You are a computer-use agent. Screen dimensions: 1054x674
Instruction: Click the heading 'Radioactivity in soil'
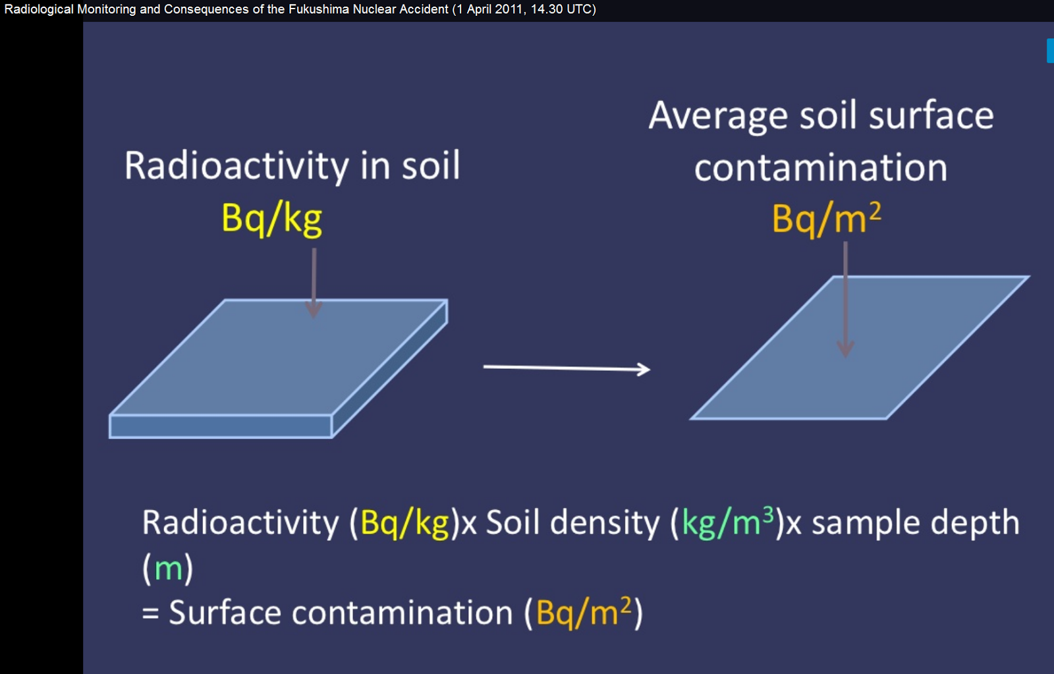pos(292,165)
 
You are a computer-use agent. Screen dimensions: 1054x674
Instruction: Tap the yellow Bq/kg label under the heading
pos(272,219)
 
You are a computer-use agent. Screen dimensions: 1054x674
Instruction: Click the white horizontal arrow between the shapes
pos(567,368)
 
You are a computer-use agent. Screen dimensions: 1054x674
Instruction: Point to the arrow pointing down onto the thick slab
pos(314,283)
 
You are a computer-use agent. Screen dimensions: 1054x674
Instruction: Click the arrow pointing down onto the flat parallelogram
pos(846,299)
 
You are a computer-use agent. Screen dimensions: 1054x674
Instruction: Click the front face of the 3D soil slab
pos(221,426)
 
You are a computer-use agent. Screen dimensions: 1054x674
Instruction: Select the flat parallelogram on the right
pos(860,347)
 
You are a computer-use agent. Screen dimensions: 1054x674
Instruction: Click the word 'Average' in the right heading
pos(719,116)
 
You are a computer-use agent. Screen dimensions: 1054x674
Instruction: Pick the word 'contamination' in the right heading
pos(821,167)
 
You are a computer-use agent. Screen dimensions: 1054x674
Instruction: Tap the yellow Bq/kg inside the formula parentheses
pos(404,523)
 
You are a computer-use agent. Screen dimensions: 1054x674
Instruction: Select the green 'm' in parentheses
pos(168,569)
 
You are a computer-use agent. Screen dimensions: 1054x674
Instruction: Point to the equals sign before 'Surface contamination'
pos(150,613)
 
